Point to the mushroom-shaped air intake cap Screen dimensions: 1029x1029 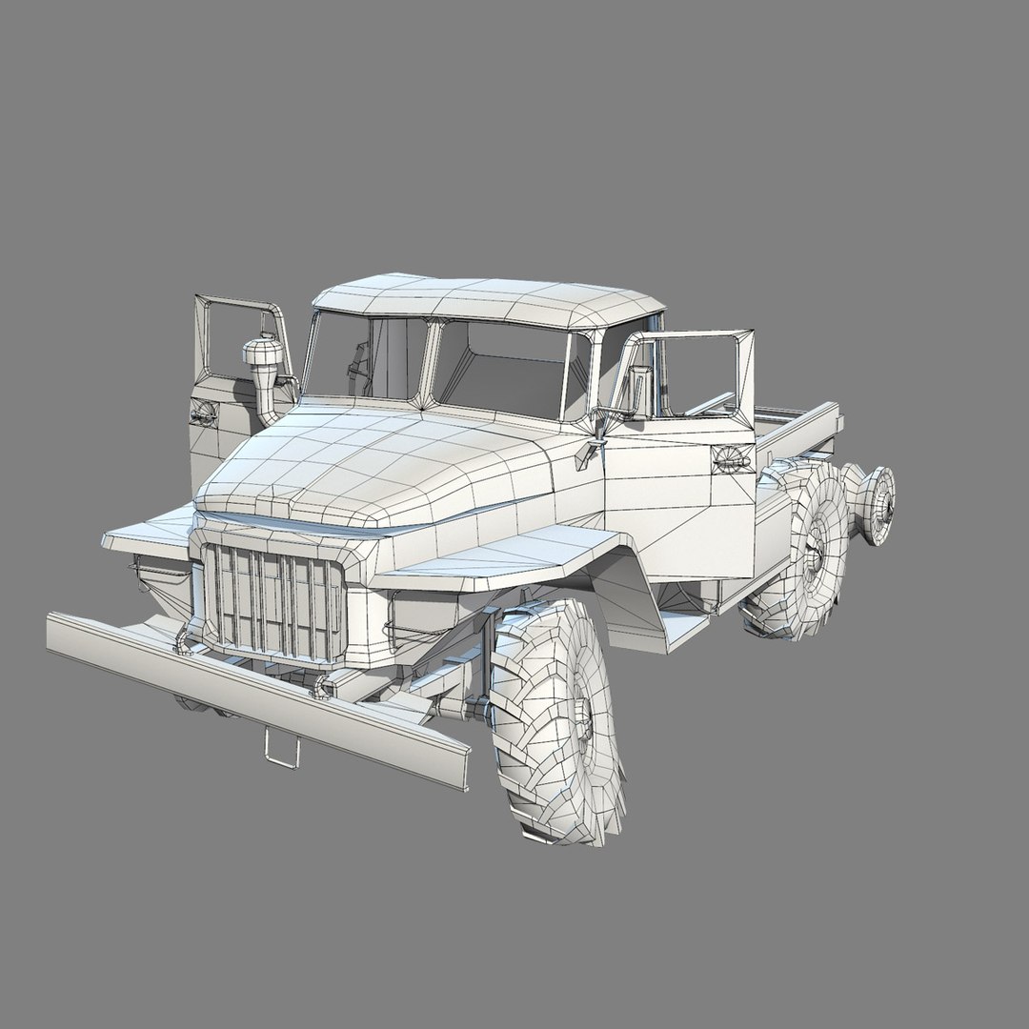tap(262, 355)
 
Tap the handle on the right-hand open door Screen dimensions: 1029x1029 tap(732, 459)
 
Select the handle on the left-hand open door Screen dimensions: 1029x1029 tap(203, 413)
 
